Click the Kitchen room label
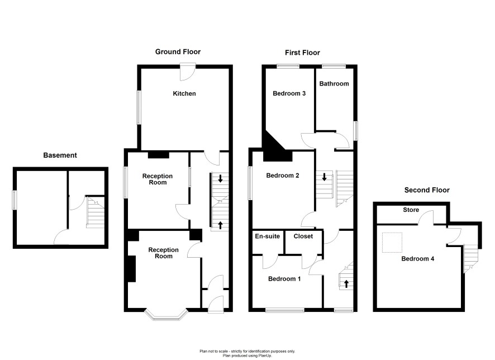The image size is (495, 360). click(184, 93)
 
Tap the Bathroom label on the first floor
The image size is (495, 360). click(334, 84)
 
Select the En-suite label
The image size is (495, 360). click(268, 236)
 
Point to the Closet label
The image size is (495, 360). click(303, 236)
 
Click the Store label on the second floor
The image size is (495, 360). click(411, 210)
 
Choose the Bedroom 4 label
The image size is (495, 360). click(418, 259)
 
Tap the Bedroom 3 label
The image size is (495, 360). click(289, 93)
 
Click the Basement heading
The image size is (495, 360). click(60, 155)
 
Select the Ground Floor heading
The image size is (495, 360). click(178, 52)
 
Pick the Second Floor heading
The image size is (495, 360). click(427, 190)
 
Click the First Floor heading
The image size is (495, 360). click(302, 53)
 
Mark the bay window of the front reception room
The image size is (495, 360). click(166, 315)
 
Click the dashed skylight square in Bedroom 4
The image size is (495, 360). click(392, 243)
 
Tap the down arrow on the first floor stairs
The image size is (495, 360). click(324, 177)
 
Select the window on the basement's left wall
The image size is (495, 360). click(14, 200)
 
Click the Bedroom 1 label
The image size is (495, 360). click(284, 279)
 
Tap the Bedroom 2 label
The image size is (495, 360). click(283, 176)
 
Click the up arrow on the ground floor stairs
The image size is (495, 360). click(220, 225)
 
